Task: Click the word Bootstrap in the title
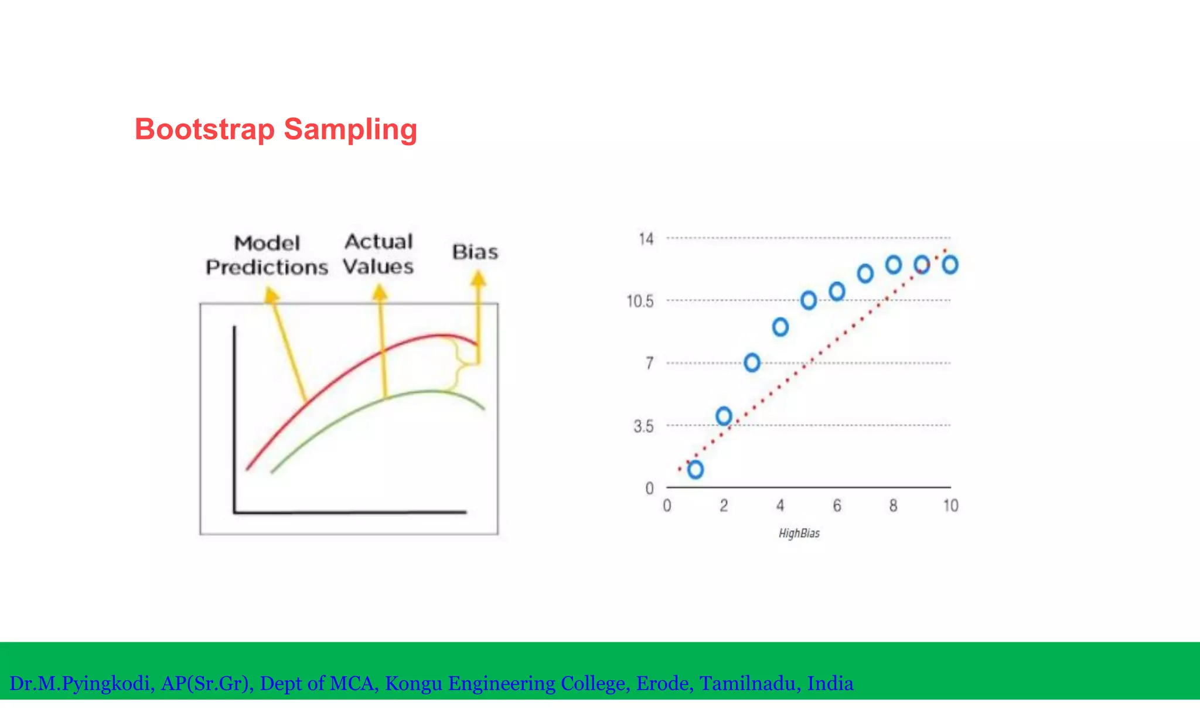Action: click(204, 129)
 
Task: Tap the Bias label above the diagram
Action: click(475, 252)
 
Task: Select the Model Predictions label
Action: click(267, 255)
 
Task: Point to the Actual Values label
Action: click(379, 254)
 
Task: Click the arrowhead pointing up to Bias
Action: click(479, 278)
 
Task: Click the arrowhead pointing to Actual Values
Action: click(380, 292)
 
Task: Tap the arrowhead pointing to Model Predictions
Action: click(270, 295)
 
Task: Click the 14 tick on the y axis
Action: click(646, 239)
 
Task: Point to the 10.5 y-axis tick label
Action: click(640, 302)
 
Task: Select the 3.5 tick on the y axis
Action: click(643, 426)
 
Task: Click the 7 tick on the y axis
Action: click(649, 364)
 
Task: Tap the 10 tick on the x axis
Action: click(950, 506)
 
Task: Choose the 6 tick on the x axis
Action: click(837, 506)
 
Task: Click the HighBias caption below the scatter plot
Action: click(799, 533)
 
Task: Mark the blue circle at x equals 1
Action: click(696, 470)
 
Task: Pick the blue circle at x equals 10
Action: click(950, 265)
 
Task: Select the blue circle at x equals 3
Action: click(752, 363)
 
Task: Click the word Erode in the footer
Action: click(664, 683)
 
